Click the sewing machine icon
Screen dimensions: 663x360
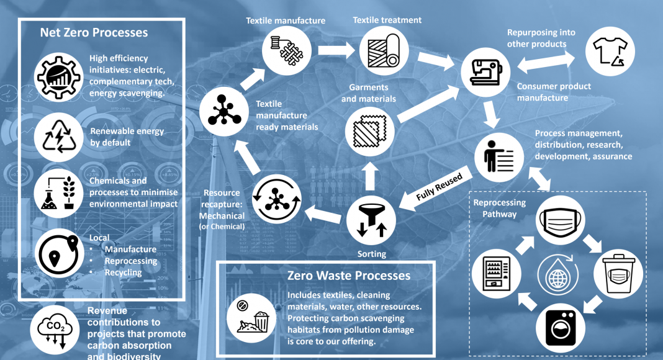[x=485, y=72]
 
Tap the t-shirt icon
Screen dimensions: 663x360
[x=610, y=52]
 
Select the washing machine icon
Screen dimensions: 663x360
[x=561, y=328]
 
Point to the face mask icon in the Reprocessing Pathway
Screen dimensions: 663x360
[x=561, y=220]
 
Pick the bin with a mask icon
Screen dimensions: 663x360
[x=618, y=274]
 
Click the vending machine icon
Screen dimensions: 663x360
[x=497, y=274]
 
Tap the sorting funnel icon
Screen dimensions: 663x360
[x=371, y=220]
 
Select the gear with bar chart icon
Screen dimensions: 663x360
[x=59, y=78]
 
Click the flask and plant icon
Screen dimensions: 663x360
[x=59, y=194]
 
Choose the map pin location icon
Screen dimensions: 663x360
[x=59, y=253]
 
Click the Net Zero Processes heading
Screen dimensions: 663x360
[x=94, y=32]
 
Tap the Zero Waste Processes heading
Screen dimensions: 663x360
[x=349, y=276]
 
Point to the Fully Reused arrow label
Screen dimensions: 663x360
[x=439, y=187]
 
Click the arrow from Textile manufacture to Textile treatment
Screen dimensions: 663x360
[x=336, y=51]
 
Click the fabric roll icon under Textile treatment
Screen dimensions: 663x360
[x=384, y=51]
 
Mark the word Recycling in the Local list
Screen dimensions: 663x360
[x=124, y=272]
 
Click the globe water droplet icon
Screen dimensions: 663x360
[x=558, y=274]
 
